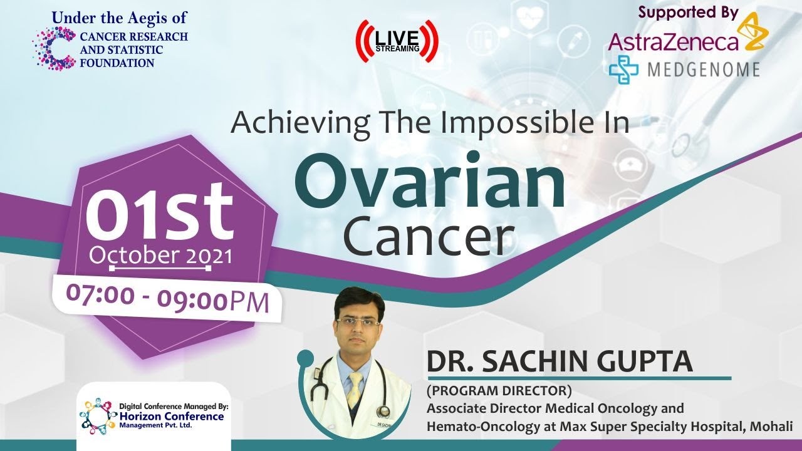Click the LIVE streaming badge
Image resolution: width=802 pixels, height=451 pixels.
pos(397,41)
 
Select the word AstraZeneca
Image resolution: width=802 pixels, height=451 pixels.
pos(673,42)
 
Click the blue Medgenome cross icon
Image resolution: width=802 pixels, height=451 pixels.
pos(623,70)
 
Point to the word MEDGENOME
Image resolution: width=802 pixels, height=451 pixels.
pos(704,70)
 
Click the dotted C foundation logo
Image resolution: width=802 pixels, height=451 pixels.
pos(54,48)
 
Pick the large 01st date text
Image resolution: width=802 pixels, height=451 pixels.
pos(159,212)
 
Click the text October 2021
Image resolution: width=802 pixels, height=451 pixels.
pos(160,256)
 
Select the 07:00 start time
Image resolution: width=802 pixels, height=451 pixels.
pos(101,295)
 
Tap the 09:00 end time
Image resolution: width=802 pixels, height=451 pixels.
pos(192,299)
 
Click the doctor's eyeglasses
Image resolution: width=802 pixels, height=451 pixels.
pos(357,322)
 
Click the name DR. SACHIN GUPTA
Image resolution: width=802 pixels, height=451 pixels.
pos(560,361)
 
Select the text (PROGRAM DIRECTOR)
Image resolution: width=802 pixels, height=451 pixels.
pos(499,391)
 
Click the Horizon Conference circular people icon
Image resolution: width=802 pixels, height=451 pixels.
pos(98,416)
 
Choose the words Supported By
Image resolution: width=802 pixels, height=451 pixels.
pos(688,13)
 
